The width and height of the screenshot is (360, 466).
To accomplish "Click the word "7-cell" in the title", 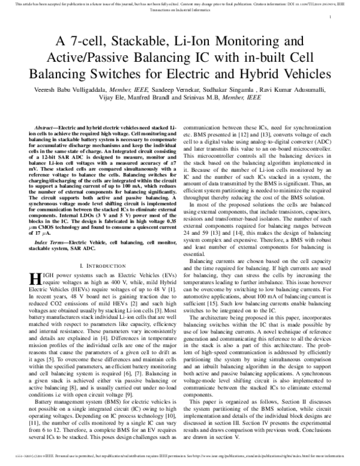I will point(86,43).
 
